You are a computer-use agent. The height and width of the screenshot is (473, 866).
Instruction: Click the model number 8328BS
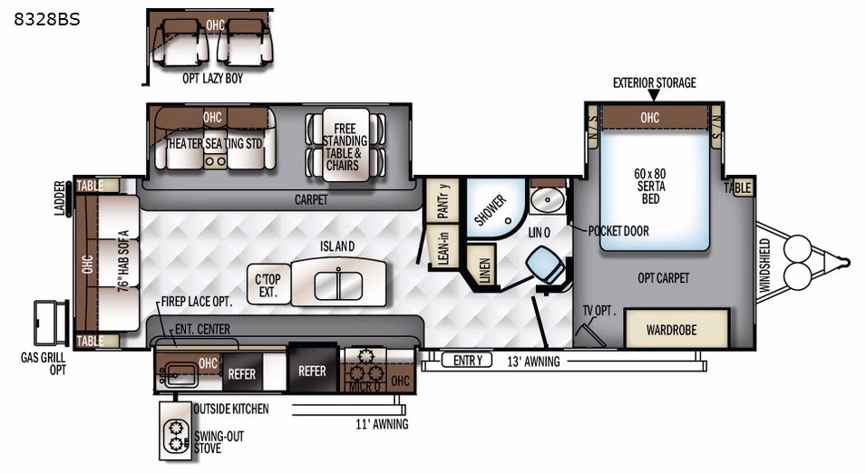pyautogui.click(x=47, y=19)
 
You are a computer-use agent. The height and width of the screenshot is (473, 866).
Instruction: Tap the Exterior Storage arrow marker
pyautogui.click(x=654, y=95)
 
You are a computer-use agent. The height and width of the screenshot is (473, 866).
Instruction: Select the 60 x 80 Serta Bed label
pyautogui.click(x=650, y=186)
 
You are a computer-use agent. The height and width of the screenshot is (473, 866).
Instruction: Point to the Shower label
pyautogui.click(x=490, y=210)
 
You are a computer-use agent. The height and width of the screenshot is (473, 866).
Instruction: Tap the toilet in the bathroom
pyautogui.click(x=546, y=266)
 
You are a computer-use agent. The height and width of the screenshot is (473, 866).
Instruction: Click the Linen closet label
pyautogui.click(x=484, y=270)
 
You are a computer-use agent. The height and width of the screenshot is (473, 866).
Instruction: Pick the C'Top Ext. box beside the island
pyautogui.click(x=268, y=285)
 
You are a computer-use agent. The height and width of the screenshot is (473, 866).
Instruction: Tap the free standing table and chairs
pyautogui.click(x=345, y=146)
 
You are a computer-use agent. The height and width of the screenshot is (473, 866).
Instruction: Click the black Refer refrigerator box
pyautogui.click(x=313, y=370)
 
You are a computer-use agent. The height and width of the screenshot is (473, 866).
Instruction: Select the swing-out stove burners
pyautogui.click(x=176, y=436)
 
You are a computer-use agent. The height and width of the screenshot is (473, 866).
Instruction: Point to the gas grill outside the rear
pyautogui.click(x=52, y=323)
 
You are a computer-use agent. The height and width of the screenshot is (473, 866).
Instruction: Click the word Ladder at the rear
pyautogui.click(x=60, y=198)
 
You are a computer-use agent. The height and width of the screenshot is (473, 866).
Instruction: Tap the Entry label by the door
pyautogui.click(x=468, y=361)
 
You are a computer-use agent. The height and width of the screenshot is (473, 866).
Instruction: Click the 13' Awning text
pyautogui.click(x=533, y=362)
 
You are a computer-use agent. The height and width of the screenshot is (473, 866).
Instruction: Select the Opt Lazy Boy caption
pyautogui.click(x=212, y=78)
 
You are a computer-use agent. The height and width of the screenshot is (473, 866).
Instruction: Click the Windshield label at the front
pyautogui.click(x=764, y=265)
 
